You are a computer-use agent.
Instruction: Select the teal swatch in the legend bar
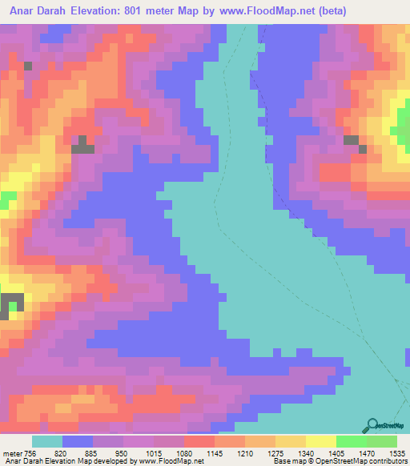click(x=46, y=442)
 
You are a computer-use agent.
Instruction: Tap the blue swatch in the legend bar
click(x=78, y=442)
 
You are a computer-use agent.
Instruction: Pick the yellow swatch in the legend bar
click(x=291, y=442)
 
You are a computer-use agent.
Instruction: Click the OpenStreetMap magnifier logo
click(x=372, y=424)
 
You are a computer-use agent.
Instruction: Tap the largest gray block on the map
click(x=13, y=305)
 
